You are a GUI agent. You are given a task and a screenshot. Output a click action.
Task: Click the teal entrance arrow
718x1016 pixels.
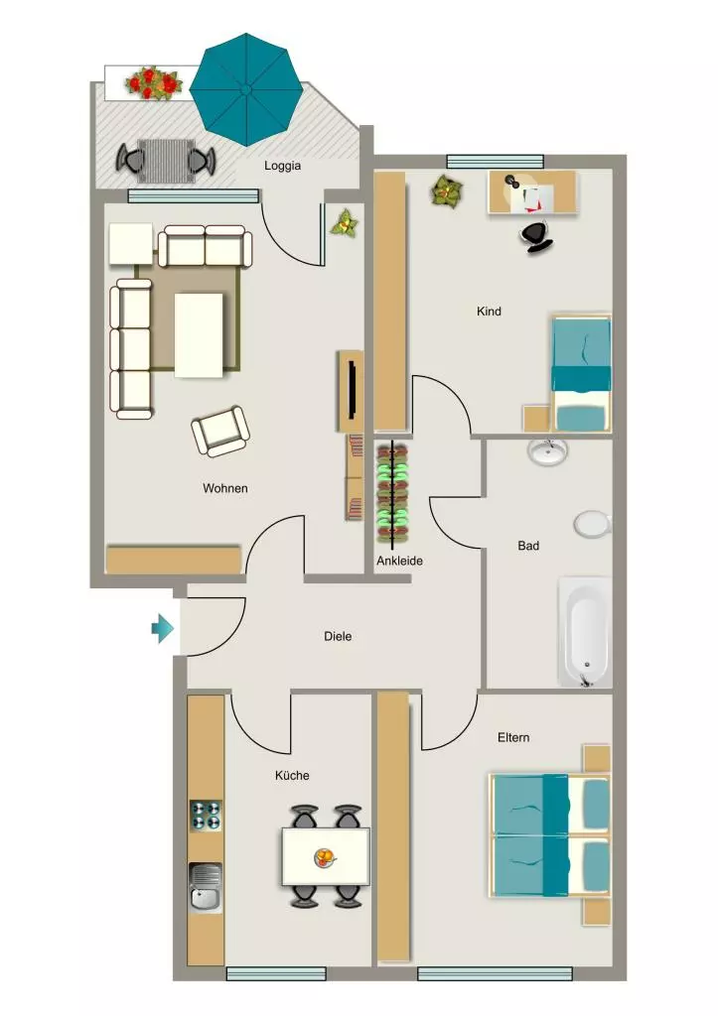(x=162, y=628)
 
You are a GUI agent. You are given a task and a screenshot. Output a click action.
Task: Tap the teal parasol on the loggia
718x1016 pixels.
(x=246, y=89)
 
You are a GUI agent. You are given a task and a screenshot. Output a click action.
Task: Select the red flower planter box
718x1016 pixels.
(x=152, y=83)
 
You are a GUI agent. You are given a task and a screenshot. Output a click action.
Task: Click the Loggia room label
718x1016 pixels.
(x=282, y=166)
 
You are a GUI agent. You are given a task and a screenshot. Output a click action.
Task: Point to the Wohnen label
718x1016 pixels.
(x=225, y=488)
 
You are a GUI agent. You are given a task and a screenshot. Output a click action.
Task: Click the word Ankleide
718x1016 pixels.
(x=399, y=561)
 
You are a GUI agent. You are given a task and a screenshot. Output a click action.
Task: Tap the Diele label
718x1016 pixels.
(x=338, y=636)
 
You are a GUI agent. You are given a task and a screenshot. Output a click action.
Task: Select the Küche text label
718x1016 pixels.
(x=292, y=775)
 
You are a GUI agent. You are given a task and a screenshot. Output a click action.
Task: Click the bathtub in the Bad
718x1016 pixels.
(x=585, y=632)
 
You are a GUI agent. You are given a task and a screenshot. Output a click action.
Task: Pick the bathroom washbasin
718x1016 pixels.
(x=547, y=451)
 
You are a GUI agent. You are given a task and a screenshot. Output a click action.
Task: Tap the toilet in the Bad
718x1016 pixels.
(x=592, y=524)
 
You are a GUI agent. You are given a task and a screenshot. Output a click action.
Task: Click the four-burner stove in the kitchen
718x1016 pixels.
(x=206, y=817)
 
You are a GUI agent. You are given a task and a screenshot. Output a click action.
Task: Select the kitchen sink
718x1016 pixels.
(x=206, y=887)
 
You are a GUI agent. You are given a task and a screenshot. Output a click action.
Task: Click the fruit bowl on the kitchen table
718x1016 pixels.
(x=325, y=858)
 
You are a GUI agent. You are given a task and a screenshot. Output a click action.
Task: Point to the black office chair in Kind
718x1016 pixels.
(x=536, y=236)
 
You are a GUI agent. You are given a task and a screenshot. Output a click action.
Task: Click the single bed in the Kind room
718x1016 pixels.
(x=581, y=373)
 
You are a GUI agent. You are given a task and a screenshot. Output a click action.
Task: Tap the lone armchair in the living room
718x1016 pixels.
(x=220, y=431)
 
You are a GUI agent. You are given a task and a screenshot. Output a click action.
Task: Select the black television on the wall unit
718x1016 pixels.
(x=353, y=391)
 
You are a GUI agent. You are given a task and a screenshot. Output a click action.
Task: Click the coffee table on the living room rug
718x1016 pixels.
(x=199, y=335)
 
